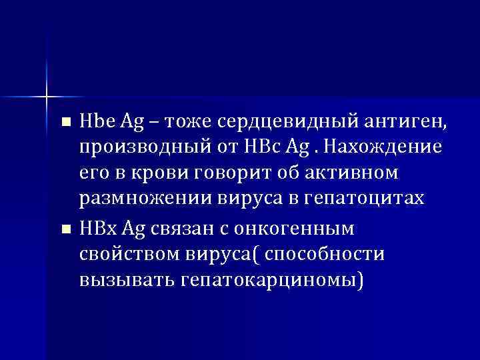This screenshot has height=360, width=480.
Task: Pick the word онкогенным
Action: (297, 227)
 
